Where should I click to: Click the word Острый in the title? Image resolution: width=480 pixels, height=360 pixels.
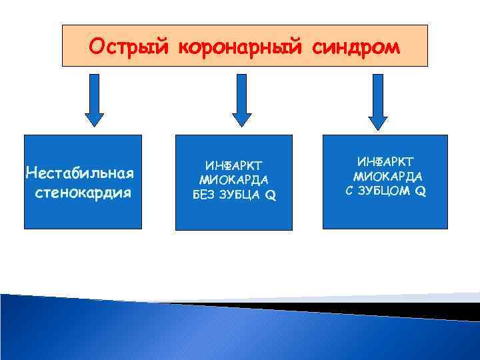pos(127,47)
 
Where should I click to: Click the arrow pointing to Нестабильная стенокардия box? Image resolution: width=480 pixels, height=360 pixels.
pos(95,101)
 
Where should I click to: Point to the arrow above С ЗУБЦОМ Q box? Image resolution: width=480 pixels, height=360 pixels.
pos(378,101)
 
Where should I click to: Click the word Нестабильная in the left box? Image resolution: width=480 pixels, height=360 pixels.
pos(80,173)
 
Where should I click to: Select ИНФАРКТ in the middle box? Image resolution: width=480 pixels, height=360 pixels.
pos(233,165)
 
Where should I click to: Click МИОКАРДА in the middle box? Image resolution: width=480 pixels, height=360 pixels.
pos(233,180)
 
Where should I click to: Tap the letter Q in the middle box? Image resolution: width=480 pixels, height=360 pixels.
pos(271,195)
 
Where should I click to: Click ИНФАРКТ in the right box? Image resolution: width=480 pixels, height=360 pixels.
pos(385,161)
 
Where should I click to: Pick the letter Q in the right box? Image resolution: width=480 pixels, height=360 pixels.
pos(421,191)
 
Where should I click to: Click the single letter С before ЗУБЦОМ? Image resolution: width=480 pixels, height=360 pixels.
pos(352,191)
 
